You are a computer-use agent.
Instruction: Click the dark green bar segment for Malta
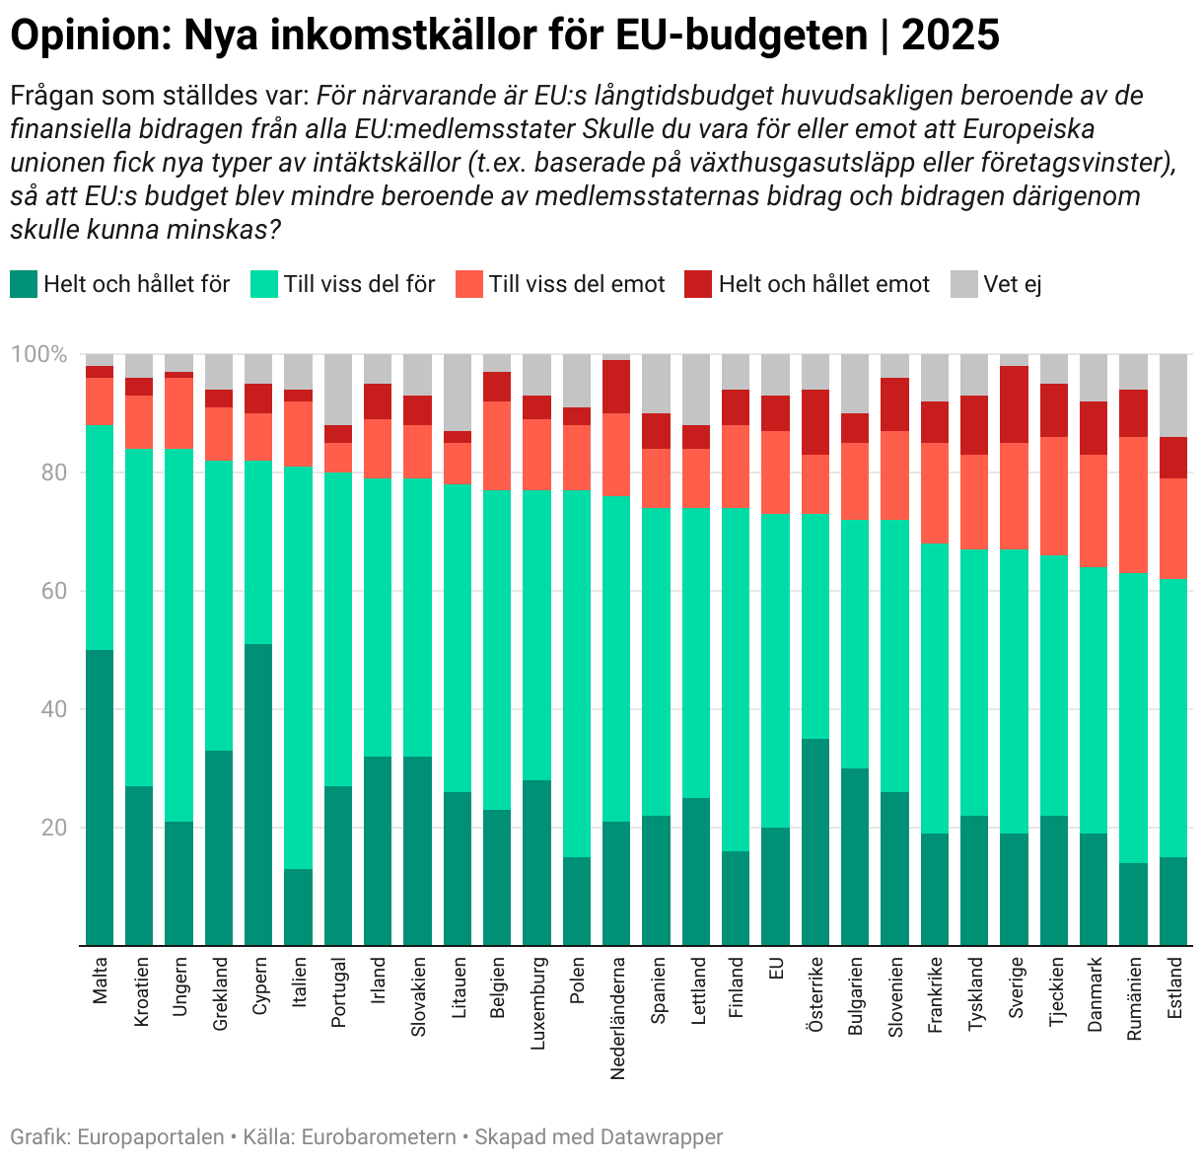[100, 797]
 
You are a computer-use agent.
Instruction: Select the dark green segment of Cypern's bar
[258, 794]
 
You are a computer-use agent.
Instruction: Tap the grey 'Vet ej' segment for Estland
[1173, 395]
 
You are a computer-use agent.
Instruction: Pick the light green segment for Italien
[298, 667]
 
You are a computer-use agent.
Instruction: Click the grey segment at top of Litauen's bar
[458, 392]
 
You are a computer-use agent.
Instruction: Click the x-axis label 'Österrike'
[815, 994]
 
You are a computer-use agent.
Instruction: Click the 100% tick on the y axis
[38, 354]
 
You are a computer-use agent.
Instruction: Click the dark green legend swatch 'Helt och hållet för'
[24, 284]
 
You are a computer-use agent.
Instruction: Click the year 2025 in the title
[950, 36]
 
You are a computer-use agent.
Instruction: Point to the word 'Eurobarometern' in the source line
[378, 1136]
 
